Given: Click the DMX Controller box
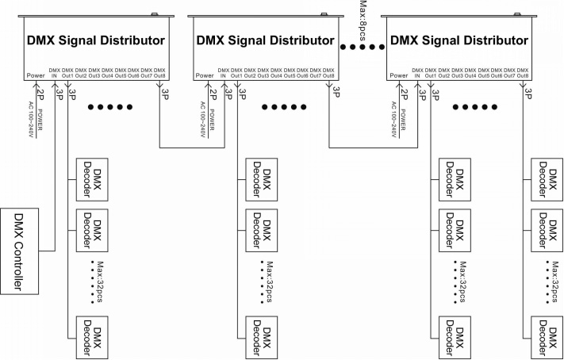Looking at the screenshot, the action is [19, 251].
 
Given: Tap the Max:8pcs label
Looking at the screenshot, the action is [363, 17].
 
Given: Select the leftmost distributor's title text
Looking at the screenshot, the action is [96, 40].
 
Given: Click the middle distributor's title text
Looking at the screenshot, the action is [265, 40].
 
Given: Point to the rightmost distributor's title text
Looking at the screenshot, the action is [459, 40].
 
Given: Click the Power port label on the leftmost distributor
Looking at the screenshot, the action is [36, 75].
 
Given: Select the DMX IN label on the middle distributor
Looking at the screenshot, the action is [224, 73].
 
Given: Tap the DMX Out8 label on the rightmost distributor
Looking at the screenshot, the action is [523, 73].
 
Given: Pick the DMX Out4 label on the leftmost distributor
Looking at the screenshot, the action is [107, 73].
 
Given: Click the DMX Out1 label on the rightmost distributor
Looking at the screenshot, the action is [431, 73].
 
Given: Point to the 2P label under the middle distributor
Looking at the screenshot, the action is [213, 94].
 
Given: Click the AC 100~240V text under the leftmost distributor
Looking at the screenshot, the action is [31, 120].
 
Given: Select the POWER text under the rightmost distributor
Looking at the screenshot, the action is [403, 120].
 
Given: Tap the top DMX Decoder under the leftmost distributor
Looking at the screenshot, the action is [92, 179].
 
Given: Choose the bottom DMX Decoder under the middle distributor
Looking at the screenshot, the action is [262, 338].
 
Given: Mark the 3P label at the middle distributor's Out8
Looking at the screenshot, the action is [336, 92].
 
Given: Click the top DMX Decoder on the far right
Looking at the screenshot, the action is [547, 179].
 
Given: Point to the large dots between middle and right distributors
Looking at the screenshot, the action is [363, 47].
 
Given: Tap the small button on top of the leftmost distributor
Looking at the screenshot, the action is [155, 14].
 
